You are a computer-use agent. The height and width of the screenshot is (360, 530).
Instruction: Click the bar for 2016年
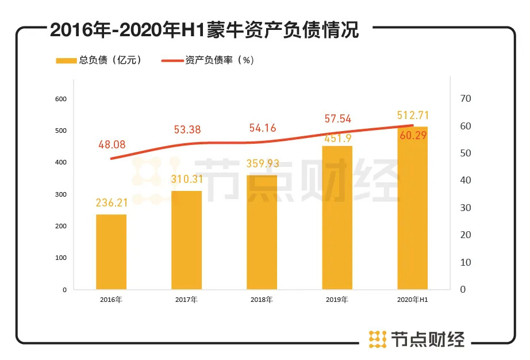pyautogui.click(x=111, y=252)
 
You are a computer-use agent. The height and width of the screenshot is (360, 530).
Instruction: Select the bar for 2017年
pyautogui.click(x=186, y=240)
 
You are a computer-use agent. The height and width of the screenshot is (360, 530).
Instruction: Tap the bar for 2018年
pyautogui.click(x=262, y=232)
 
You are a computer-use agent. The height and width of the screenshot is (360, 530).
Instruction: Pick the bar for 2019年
pyautogui.click(x=337, y=217)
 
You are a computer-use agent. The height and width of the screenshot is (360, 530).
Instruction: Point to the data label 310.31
pyautogui.click(x=186, y=179)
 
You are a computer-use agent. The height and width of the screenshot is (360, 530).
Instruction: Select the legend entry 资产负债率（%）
pyautogui.click(x=209, y=60)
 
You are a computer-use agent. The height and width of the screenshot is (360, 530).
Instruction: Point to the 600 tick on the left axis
pyautogui.click(x=60, y=99)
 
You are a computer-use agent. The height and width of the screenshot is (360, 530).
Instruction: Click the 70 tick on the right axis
pyautogui.click(x=466, y=99)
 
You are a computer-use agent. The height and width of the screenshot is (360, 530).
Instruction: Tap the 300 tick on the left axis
pyautogui.click(x=60, y=194)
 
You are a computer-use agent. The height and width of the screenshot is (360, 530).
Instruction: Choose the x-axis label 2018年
pyautogui.click(x=262, y=300)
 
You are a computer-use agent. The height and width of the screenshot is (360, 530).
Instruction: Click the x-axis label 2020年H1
pyautogui.click(x=413, y=300)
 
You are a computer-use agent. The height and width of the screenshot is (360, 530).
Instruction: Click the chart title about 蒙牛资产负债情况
pyautogui.click(x=204, y=29)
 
